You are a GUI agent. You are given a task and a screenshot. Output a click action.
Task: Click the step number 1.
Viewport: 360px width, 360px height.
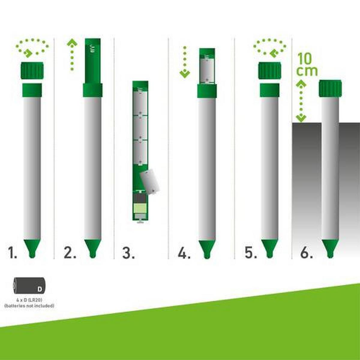click(12, 253)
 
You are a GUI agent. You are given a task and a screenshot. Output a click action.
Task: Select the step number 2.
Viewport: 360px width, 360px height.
click(70, 253)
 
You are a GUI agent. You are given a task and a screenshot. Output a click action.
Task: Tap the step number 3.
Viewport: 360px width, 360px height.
click(128, 253)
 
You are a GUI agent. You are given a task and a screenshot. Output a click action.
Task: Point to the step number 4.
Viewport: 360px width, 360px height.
click(184, 253)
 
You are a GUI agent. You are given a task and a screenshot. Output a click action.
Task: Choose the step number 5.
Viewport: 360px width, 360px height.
click(251, 253)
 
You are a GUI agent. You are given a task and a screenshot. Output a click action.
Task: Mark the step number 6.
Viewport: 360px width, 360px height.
click(306, 253)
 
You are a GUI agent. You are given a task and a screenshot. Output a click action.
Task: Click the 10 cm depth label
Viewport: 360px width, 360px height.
click(306, 65)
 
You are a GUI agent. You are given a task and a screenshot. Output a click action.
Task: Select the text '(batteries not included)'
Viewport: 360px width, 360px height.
click(29, 306)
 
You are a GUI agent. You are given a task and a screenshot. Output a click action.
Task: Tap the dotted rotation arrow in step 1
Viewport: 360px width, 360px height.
click(32, 47)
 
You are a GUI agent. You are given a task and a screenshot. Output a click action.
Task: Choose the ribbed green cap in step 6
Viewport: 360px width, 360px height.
click(330, 88)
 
